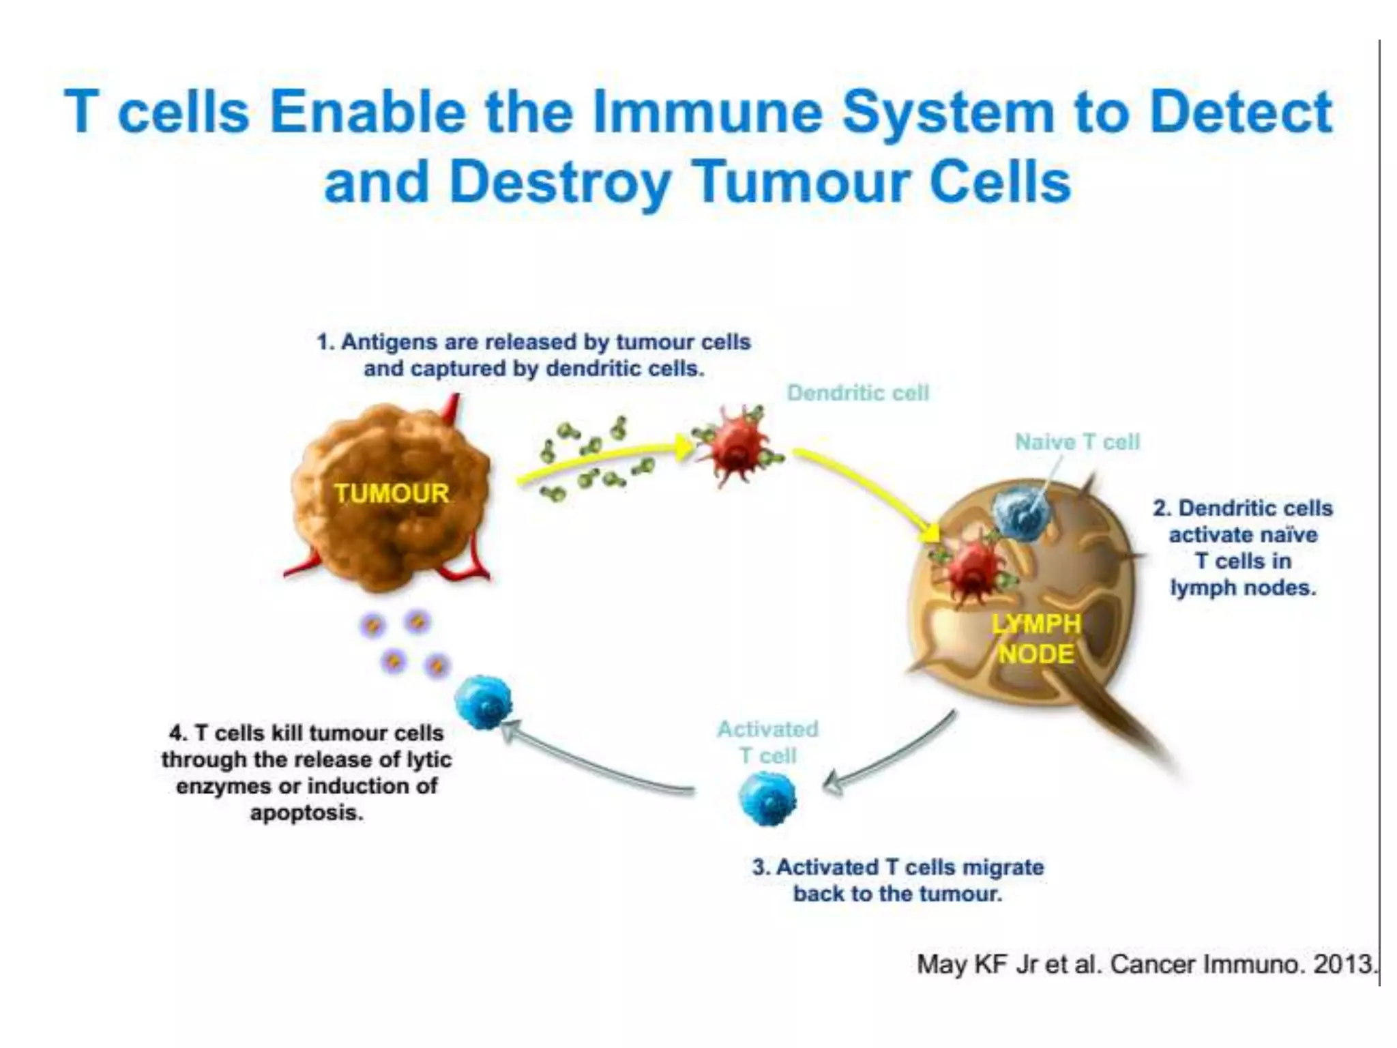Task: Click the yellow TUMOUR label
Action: tap(392, 493)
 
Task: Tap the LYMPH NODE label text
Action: tap(1035, 639)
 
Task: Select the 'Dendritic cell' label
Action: tap(858, 393)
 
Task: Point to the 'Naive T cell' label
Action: tap(1077, 442)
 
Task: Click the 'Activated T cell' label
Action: tap(768, 742)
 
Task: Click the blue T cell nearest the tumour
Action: tap(483, 701)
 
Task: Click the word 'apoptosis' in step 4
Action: tap(306, 813)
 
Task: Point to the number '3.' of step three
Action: tap(761, 867)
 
